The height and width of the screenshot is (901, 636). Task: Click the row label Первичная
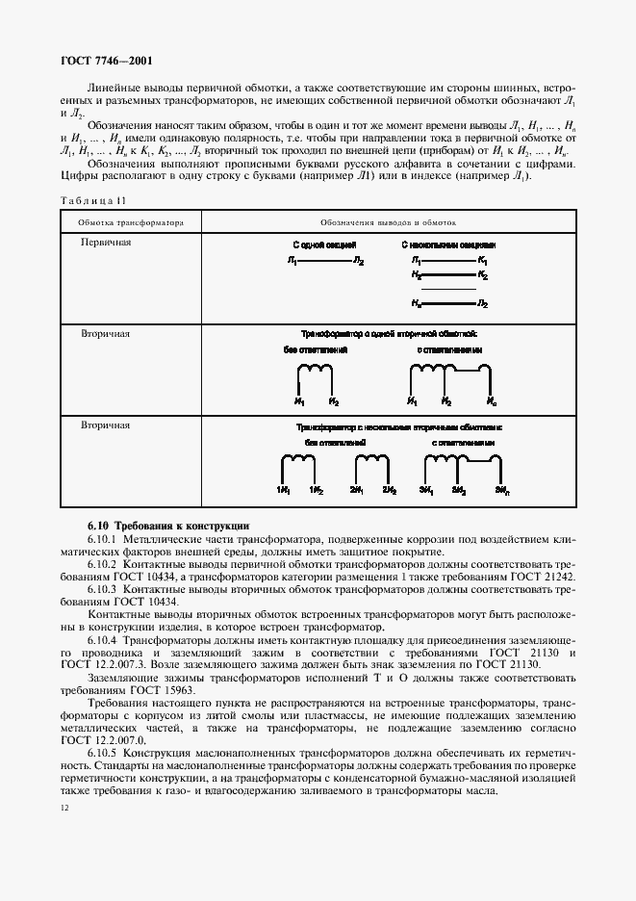click(x=106, y=242)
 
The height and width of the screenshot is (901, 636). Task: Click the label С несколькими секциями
click(x=448, y=246)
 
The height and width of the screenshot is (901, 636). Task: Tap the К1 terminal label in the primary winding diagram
click(x=482, y=261)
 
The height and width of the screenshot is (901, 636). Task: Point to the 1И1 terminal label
click(x=284, y=491)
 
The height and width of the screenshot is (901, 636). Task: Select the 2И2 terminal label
click(x=389, y=491)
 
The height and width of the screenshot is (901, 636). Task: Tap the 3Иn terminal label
click(x=501, y=491)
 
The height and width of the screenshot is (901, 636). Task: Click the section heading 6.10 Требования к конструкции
click(x=168, y=527)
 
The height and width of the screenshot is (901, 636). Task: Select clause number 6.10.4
click(x=105, y=639)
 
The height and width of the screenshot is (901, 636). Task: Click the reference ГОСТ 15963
click(x=154, y=690)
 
